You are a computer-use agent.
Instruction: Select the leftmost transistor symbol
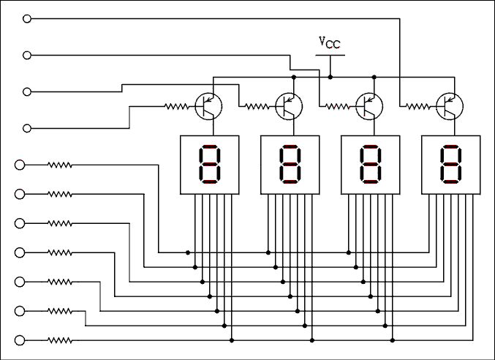(209, 107)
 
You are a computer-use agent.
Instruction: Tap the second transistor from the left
(290, 107)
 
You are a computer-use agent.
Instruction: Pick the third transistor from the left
(370, 107)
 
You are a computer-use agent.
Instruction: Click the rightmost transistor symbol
(450, 107)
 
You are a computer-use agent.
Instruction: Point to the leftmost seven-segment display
(210, 164)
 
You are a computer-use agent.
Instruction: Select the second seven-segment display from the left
(290, 164)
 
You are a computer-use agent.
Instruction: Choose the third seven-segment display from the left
(371, 164)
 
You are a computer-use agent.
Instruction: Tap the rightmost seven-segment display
(450, 164)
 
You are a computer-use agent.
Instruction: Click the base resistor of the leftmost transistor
(176, 107)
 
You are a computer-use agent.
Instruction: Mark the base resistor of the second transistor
(257, 107)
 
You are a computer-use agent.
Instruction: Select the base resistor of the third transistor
(337, 107)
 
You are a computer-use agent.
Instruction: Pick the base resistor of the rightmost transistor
(417, 107)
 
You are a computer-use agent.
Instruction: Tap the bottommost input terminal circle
(20, 340)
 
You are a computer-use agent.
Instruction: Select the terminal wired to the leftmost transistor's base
(28, 128)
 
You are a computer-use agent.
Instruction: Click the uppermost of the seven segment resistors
(60, 165)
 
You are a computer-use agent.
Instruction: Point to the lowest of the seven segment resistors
(60, 340)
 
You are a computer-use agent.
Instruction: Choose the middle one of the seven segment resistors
(60, 252)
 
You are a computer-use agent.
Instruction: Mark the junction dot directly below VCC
(330, 76)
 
